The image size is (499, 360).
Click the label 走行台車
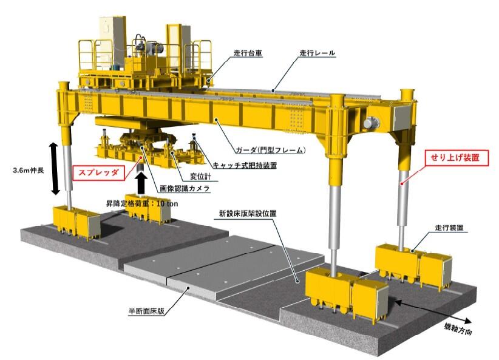[248, 53]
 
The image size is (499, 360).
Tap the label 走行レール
[317, 53]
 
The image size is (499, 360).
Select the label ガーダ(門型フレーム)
[271, 149]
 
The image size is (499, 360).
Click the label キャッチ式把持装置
[245, 165]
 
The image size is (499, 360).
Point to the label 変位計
[200, 176]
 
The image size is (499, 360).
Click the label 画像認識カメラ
[185, 188]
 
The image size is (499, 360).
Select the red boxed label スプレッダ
[99, 173]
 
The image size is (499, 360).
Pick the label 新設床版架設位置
[248, 213]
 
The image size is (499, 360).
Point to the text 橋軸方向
[458, 329]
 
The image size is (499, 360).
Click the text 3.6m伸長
[29, 171]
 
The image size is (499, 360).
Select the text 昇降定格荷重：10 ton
[142, 204]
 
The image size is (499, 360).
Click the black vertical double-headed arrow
[55, 169]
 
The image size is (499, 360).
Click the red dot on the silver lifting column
[402, 183]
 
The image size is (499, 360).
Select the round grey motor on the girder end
[371, 122]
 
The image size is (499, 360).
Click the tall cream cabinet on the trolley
[112, 41]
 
